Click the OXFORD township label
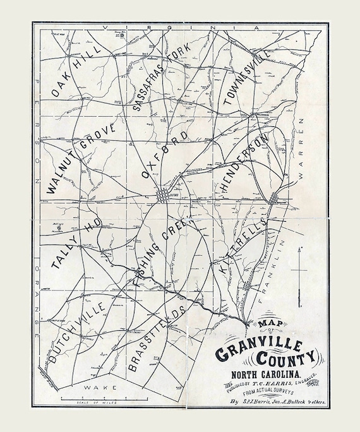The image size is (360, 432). click(x=165, y=155)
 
